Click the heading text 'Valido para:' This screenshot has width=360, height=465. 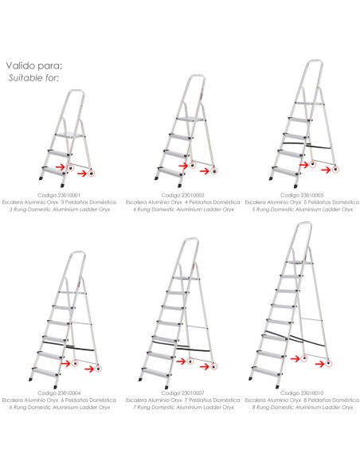(x=34, y=65)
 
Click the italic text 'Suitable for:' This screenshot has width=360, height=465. (x=33, y=78)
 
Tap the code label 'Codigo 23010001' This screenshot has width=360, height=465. (x=59, y=195)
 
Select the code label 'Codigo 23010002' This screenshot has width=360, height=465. (x=183, y=195)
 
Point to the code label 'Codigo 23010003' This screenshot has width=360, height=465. (x=302, y=195)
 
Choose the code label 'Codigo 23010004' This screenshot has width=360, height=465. (x=59, y=393)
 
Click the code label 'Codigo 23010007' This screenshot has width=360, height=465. (x=183, y=393)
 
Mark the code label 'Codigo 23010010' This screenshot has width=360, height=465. (x=302, y=393)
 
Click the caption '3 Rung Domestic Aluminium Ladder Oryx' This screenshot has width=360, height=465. (x=59, y=209)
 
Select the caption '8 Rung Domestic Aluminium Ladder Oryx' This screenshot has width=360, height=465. (x=303, y=408)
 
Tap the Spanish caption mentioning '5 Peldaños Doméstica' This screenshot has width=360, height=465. (x=302, y=202)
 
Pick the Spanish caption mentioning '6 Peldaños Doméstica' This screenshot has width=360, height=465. (x=59, y=401)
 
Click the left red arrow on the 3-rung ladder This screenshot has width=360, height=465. (x=61, y=166)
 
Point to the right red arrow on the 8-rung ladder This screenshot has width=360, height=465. (x=319, y=364)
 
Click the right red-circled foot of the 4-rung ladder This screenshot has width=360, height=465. (x=213, y=171)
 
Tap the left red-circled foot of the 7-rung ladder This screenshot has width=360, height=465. (x=190, y=361)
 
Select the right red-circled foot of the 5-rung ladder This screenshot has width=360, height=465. (x=335, y=170)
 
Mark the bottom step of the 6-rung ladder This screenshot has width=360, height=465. (x=45, y=372)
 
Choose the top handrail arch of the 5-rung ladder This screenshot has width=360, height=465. (x=315, y=62)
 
